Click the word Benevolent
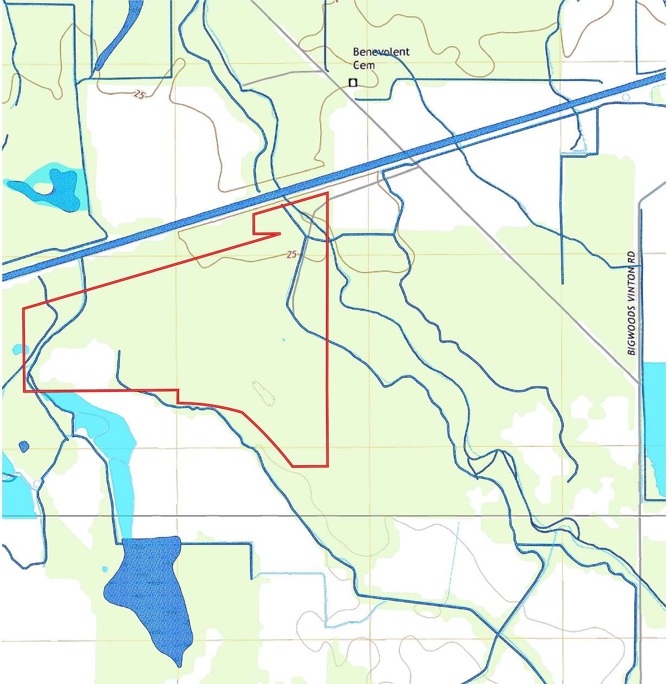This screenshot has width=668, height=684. [x=381, y=52]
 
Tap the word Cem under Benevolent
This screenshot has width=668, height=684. [x=363, y=65]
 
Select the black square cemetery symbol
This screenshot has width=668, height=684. [x=353, y=83]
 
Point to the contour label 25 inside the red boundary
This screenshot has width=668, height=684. [x=292, y=254]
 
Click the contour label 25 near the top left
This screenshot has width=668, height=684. [x=139, y=94]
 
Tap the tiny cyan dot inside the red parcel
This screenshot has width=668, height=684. [x=283, y=340]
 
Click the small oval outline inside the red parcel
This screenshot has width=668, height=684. [x=264, y=394]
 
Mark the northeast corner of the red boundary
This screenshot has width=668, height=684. [x=327, y=193]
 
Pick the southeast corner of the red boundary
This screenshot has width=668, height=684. [x=327, y=466]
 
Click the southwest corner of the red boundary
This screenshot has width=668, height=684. [x=24, y=391]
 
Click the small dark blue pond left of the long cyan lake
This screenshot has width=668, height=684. [x=24, y=447]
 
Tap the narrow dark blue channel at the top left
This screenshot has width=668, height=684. [x=117, y=38]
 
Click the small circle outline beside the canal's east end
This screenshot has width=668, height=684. [x=626, y=98]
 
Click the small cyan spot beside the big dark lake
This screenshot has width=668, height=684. [x=105, y=569]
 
